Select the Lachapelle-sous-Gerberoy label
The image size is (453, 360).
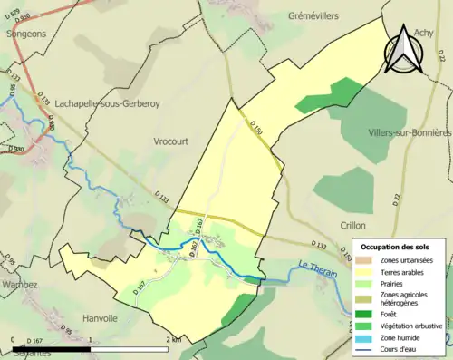tap(107, 103)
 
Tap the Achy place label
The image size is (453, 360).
tap(424, 33)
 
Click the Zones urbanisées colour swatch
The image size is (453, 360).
tap(365, 260)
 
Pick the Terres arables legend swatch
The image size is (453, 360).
tap(365, 271)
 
